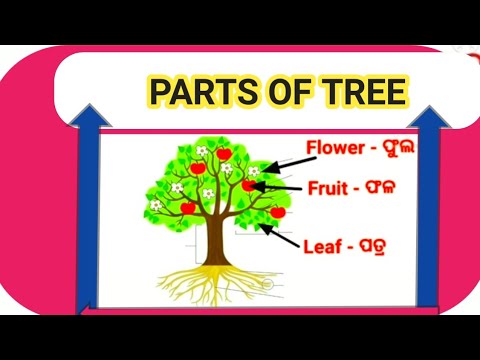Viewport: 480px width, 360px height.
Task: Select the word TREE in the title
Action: (363, 93)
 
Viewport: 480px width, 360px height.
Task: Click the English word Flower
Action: (338, 150)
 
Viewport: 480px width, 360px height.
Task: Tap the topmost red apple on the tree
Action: (225, 154)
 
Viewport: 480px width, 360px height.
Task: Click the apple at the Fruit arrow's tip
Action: (250, 185)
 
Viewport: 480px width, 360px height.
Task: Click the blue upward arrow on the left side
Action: (84, 210)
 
